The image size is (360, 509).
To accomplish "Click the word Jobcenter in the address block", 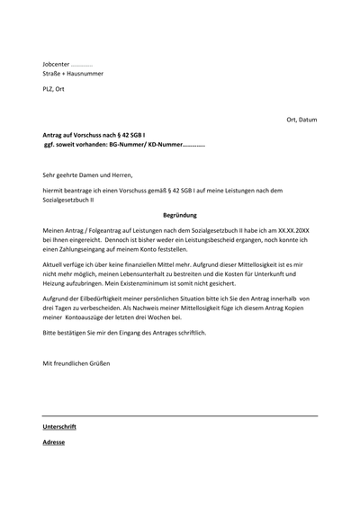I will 55,66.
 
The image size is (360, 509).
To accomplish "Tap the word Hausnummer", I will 84,76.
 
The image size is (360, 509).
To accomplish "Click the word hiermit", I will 54,191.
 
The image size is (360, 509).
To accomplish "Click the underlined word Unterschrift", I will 59,427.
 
